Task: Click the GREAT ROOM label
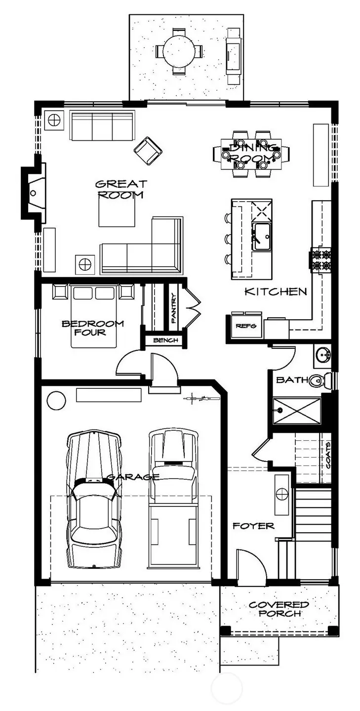tap(120, 189)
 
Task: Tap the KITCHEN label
tap(276, 292)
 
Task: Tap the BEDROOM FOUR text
tap(92, 328)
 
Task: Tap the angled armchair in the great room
tap(148, 150)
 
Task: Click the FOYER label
tap(253, 526)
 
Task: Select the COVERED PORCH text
tap(279, 609)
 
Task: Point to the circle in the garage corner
tap(56, 399)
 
